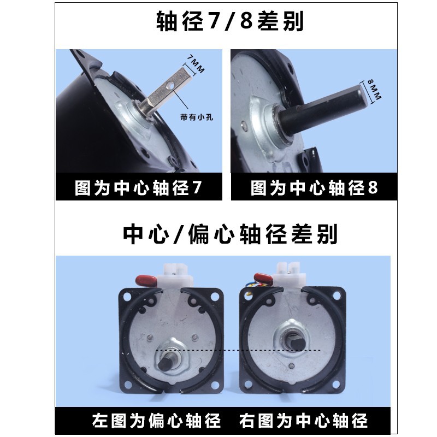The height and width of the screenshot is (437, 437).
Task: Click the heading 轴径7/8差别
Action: click(230, 21)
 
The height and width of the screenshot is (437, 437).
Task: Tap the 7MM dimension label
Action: click(196, 64)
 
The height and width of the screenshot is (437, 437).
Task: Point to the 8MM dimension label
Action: click(374, 90)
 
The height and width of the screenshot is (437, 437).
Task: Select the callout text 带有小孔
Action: click(197, 117)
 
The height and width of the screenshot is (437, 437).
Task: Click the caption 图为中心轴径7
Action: click(138, 187)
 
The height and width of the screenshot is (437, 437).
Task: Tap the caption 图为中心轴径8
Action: click(315, 187)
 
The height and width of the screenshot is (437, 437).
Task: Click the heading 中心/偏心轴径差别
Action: click(230, 234)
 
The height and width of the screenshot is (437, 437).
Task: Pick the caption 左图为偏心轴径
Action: click(156, 420)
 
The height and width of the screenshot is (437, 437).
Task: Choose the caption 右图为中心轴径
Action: click(304, 420)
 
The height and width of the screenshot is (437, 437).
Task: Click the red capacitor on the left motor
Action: click(146, 279)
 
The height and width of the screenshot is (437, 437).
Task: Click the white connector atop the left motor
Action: click(175, 275)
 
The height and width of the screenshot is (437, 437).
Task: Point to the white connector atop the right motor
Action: click(290, 273)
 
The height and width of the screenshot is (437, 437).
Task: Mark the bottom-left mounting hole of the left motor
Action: click(128, 385)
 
